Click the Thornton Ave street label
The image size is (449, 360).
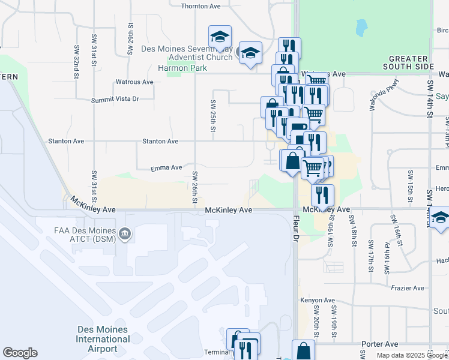click(201, 5)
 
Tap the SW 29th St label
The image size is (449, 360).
click(130, 39)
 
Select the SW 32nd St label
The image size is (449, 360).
click(77, 61)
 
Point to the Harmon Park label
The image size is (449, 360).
click(182, 68)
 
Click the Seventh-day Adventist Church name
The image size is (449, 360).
click(186, 53)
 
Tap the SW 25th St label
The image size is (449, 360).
click(212, 115)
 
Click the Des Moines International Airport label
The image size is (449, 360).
click(103, 339)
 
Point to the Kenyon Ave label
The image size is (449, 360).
click(318, 300)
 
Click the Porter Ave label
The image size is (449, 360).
click(380, 344)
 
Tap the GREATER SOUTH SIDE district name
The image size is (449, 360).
click(411, 62)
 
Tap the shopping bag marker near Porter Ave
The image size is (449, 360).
click(303, 351)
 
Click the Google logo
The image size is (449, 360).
click(20, 353)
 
